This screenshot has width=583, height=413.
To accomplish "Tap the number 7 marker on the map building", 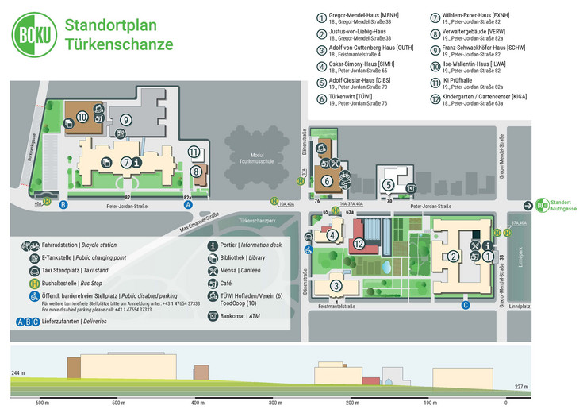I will tap(126, 162).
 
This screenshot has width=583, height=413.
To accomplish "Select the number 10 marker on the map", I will tap(82, 117).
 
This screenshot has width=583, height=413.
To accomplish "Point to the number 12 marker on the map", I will tap(359, 244).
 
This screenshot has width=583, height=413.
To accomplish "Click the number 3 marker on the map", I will tap(336, 286).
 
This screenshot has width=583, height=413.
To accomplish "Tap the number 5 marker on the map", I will tap(388, 185).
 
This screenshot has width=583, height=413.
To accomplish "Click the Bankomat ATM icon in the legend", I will tap(213, 315).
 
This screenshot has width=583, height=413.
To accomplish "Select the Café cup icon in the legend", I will tap(213, 282).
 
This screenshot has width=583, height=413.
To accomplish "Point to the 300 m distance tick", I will tap(274, 403).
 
